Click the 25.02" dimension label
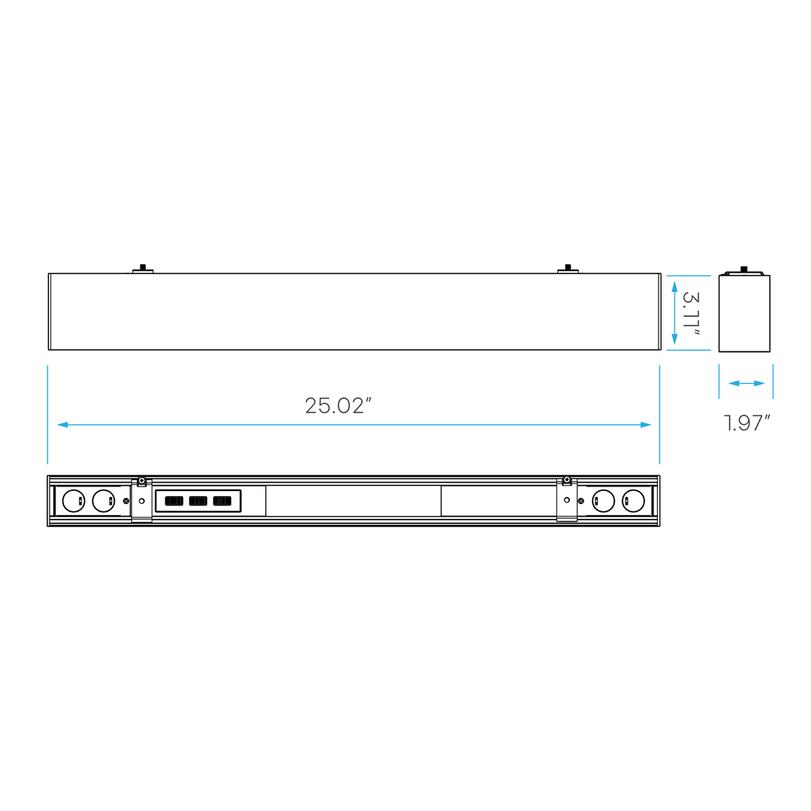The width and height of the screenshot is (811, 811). tap(338, 406)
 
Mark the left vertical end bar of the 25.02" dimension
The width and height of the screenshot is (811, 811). tap(48, 414)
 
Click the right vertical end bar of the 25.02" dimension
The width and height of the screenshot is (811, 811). tap(659, 414)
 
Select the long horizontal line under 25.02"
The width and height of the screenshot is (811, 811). tap(353, 425)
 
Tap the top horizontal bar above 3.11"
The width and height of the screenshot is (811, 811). tap(689, 276)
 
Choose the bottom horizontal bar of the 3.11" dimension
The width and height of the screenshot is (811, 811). tap(689, 349)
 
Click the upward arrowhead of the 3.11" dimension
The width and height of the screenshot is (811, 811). tap(674, 286)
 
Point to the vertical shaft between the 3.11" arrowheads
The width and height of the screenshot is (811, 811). tap(674, 313)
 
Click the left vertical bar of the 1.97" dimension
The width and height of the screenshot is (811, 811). tap(719, 381)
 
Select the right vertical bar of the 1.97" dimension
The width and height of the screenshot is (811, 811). tap(773, 381)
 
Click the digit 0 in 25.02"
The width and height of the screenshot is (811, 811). tap(342, 406)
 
